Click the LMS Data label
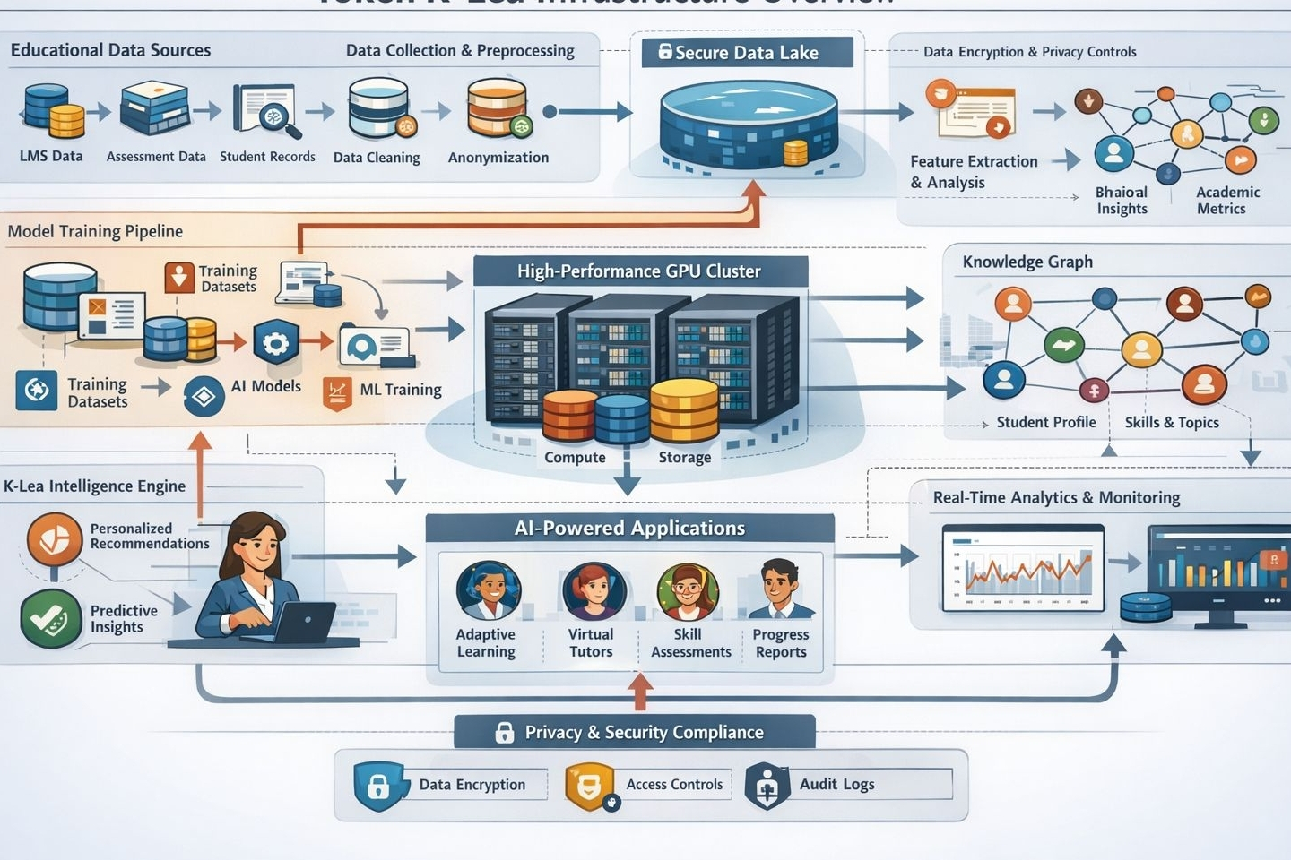(x=51, y=156)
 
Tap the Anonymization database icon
(x=498, y=108)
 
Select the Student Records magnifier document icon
(x=266, y=111)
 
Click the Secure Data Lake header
(x=746, y=52)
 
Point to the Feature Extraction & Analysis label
(x=974, y=172)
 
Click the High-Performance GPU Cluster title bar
(x=639, y=271)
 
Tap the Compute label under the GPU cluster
(x=575, y=457)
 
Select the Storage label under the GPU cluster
(x=684, y=457)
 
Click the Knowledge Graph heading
(x=1027, y=262)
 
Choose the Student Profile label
(x=1045, y=422)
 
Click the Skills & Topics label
(x=1172, y=422)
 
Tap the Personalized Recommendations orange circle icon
(x=55, y=538)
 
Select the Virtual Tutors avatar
(x=592, y=590)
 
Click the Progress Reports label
(x=781, y=643)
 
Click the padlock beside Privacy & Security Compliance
(x=505, y=732)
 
